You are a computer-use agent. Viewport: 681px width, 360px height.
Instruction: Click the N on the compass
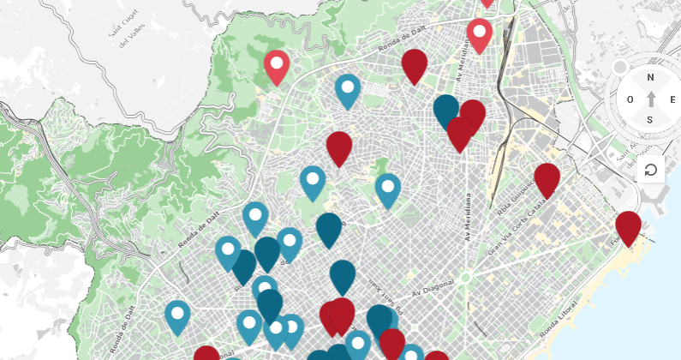(x=650, y=77)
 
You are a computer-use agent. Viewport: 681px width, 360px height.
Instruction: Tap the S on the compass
(x=650, y=119)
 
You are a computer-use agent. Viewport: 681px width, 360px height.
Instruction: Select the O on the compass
(x=630, y=99)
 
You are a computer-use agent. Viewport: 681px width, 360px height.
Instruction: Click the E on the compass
(x=671, y=99)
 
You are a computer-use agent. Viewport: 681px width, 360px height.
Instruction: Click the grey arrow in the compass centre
(x=650, y=99)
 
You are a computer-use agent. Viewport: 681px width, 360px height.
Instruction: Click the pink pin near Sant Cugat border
(x=276, y=66)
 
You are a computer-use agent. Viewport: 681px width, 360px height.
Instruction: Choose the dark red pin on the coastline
(x=628, y=226)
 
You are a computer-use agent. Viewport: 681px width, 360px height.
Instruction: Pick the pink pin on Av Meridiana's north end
(x=479, y=34)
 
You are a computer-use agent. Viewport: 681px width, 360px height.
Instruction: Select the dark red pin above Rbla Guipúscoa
(x=547, y=178)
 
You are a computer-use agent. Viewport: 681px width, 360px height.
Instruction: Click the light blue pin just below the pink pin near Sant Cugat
(x=347, y=89)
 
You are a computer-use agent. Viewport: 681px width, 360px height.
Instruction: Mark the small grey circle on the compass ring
(x=619, y=68)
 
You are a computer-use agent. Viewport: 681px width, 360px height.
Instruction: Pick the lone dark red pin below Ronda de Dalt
(x=339, y=147)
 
